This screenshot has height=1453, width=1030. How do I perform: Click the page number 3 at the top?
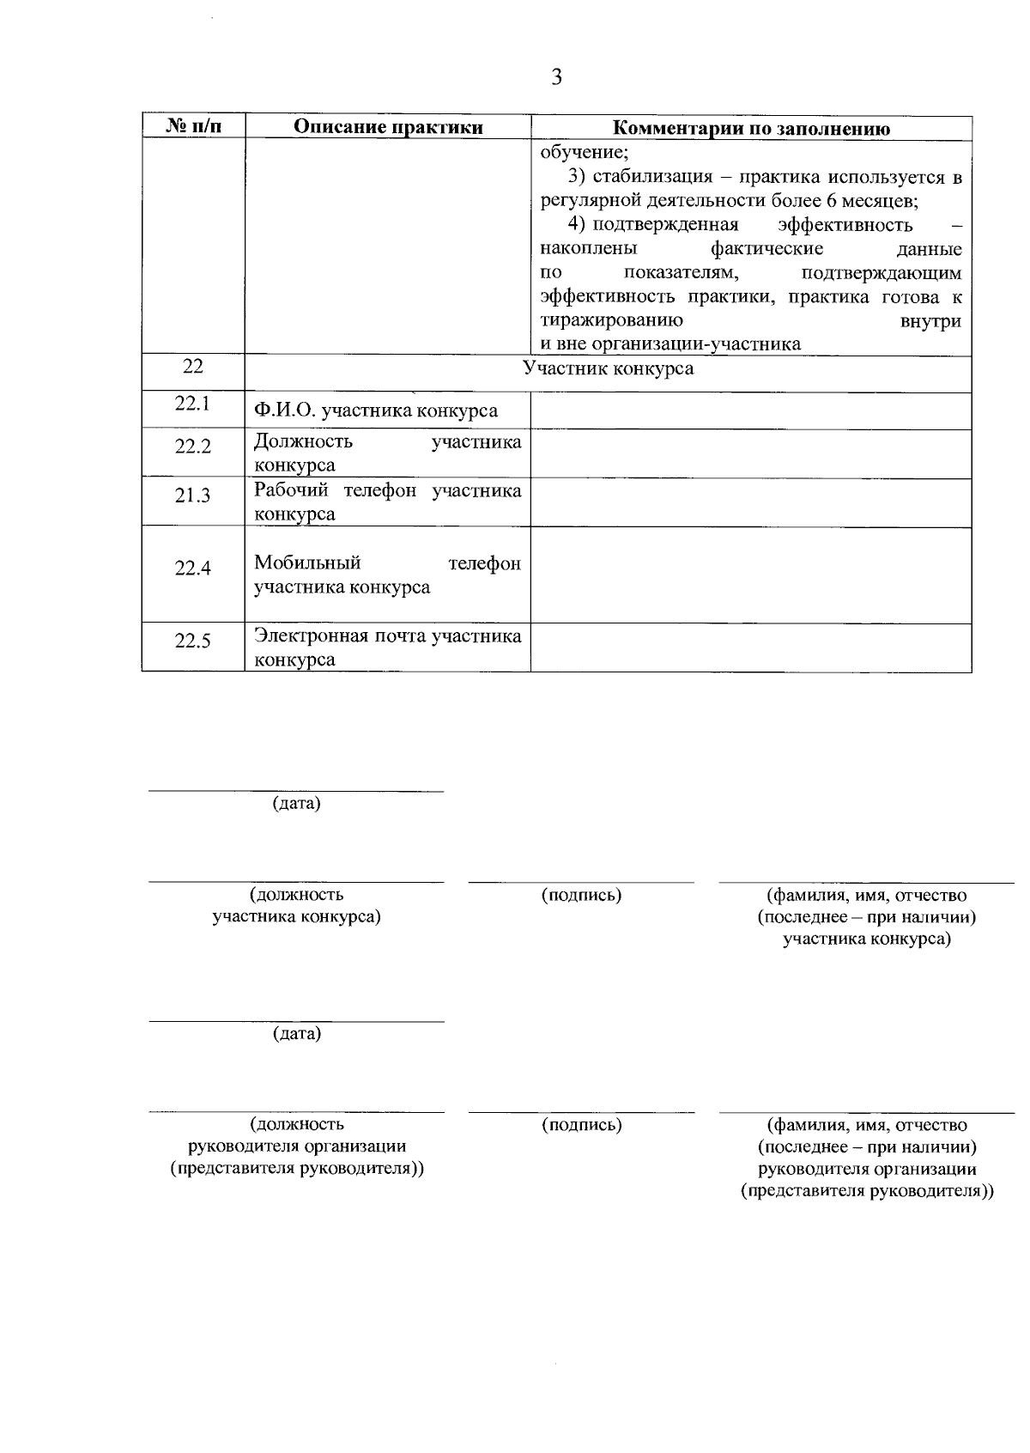tap(556, 77)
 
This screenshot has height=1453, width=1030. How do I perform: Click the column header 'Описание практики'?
tap(388, 128)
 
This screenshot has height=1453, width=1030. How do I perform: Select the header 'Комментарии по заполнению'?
tap(751, 129)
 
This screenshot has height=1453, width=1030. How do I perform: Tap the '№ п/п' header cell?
tap(193, 127)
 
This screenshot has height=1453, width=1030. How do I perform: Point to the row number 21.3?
tap(193, 495)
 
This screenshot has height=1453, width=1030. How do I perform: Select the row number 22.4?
tap(193, 568)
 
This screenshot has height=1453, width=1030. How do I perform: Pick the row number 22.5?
tap(193, 641)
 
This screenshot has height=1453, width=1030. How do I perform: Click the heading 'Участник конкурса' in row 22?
tap(608, 368)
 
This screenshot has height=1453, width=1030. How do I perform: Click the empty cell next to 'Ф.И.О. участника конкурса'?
tap(750, 410)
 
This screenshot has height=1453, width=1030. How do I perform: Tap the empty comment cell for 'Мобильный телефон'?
tap(750, 574)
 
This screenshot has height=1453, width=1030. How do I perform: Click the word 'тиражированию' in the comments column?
tap(611, 321)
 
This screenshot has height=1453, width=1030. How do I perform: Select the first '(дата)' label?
tap(296, 804)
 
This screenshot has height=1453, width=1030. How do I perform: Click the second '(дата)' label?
tap(296, 1033)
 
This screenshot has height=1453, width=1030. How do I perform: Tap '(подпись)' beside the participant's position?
tap(581, 895)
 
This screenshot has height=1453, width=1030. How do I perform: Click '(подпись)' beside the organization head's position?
tap(581, 1125)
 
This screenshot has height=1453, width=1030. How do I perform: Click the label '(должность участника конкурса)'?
tap(296, 905)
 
